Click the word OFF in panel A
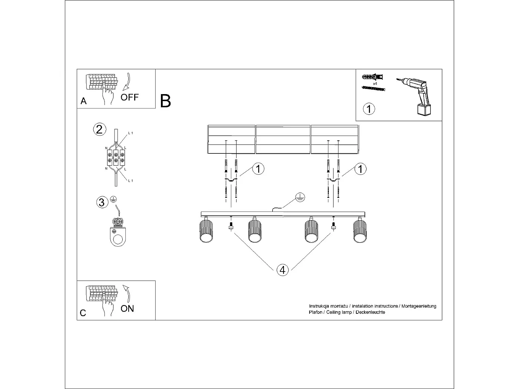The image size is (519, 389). click(x=129, y=97)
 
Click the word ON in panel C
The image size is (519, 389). click(x=127, y=309)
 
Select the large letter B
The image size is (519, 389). click(x=165, y=101)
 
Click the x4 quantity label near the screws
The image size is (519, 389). click(x=375, y=84)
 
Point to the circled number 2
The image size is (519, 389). click(x=99, y=129)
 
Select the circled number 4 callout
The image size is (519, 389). click(x=282, y=270)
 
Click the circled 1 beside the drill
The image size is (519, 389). click(x=369, y=109)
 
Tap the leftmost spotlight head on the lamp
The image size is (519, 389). click(x=206, y=231)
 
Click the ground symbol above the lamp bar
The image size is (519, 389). click(x=300, y=198)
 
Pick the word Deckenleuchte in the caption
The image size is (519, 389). click(x=370, y=312)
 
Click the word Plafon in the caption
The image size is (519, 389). click(x=315, y=312)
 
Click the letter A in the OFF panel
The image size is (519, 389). click(x=83, y=101)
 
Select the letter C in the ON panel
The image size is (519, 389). click(x=83, y=313)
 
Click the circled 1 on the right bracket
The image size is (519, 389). click(x=360, y=169)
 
